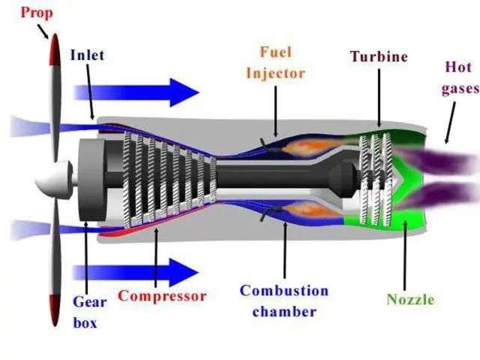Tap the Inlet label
tap(88, 55)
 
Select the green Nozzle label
tap(410, 300)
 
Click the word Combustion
tap(284, 290)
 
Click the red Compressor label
tap(162, 296)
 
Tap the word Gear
tap(90, 302)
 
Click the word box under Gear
tap(86, 323)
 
